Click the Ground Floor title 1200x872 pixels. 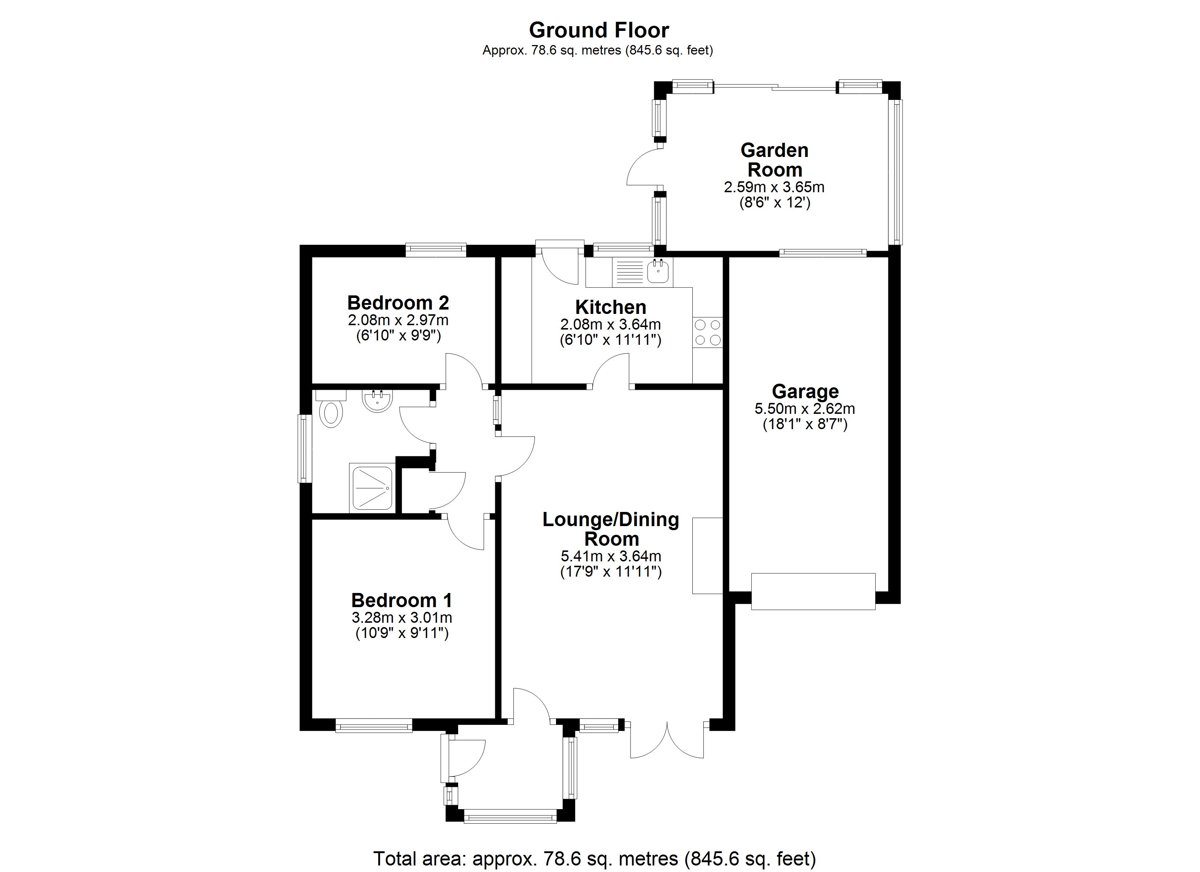[x=599, y=30]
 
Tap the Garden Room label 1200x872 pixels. [x=774, y=160]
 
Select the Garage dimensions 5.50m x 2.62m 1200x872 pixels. [x=804, y=408]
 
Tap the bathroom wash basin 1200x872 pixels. [x=377, y=400]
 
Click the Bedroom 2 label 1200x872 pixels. [x=398, y=303]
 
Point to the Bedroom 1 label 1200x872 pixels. [x=401, y=600]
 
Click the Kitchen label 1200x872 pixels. [x=611, y=307]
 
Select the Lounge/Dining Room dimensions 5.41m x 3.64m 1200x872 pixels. [x=611, y=556]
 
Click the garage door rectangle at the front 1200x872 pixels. [x=813, y=591]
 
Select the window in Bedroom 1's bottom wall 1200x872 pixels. [x=373, y=725]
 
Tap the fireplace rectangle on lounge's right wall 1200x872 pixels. [x=707, y=555]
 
